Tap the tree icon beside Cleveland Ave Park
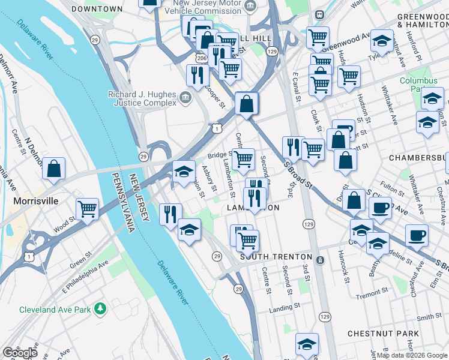[101, 309]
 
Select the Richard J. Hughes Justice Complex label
[142, 98]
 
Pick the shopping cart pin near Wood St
[88, 210]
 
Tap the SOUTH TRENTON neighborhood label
[276, 257]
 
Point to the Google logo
[19, 353]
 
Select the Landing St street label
[284, 307]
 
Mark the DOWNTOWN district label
[97, 10]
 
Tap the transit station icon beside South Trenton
[320, 260]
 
